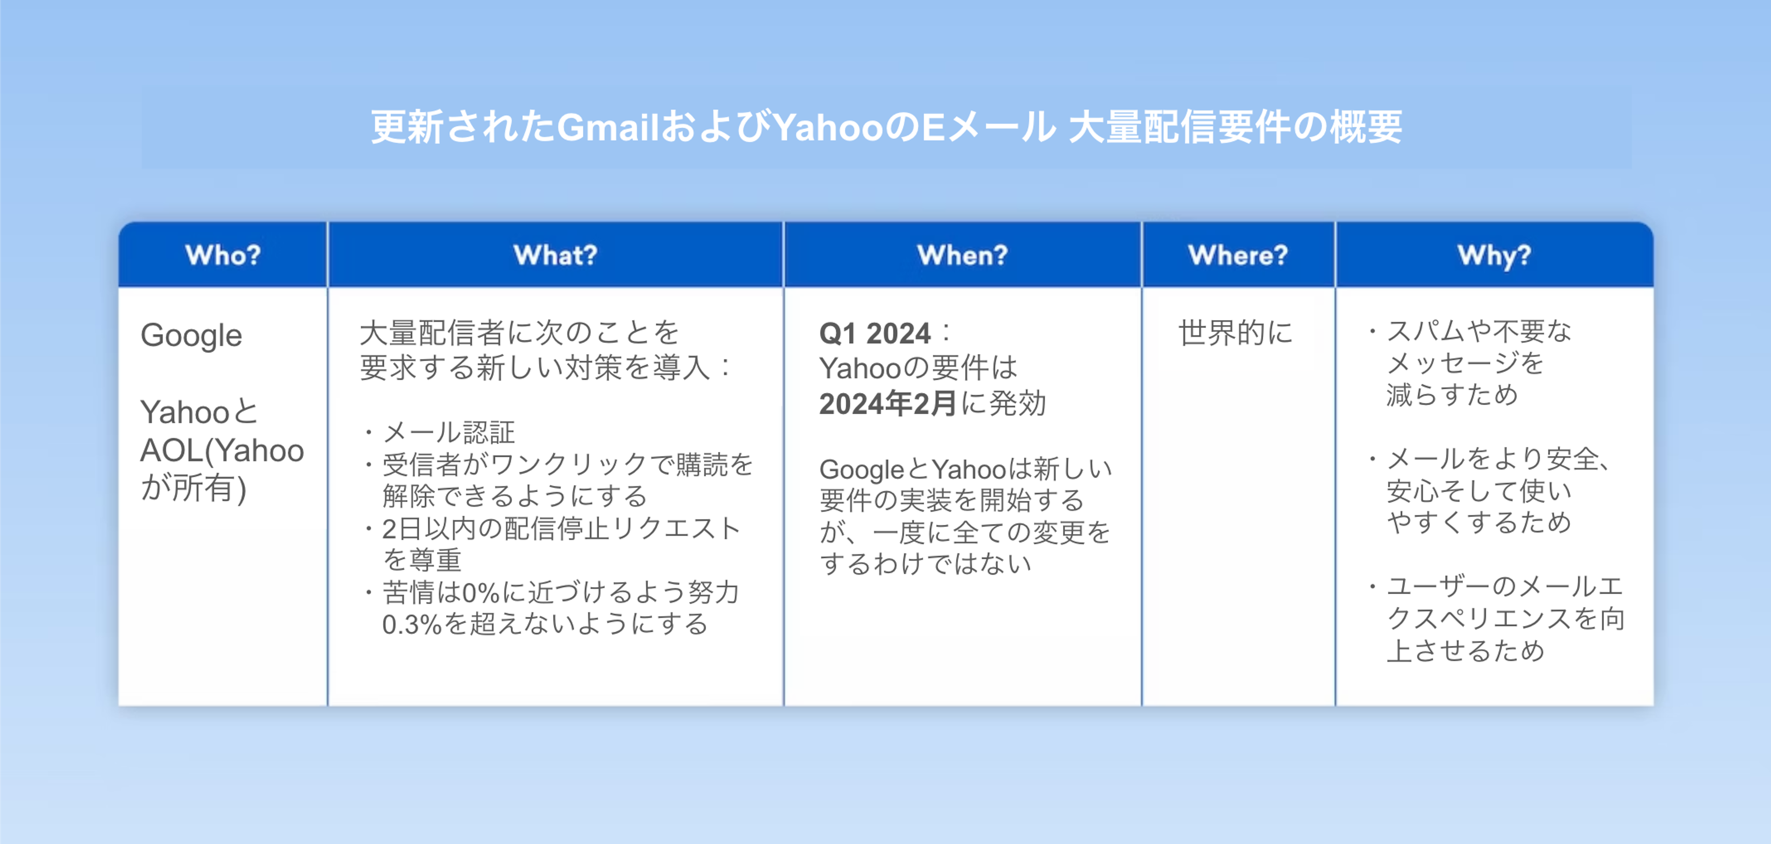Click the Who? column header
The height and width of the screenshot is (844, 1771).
(x=223, y=255)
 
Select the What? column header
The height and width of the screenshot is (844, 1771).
(x=555, y=255)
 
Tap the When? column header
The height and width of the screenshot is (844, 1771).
(x=963, y=255)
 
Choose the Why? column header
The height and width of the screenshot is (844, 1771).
(x=1494, y=256)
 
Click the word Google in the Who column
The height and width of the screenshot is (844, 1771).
(x=191, y=336)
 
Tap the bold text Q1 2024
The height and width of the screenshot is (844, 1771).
(x=874, y=333)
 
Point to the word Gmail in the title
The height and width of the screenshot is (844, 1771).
(x=608, y=127)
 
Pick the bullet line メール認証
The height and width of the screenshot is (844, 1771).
(x=448, y=432)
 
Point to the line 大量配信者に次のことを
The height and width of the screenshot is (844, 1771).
(x=519, y=333)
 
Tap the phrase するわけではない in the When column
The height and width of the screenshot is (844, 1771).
(x=925, y=564)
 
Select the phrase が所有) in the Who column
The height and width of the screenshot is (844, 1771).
(x=193, y=489)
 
